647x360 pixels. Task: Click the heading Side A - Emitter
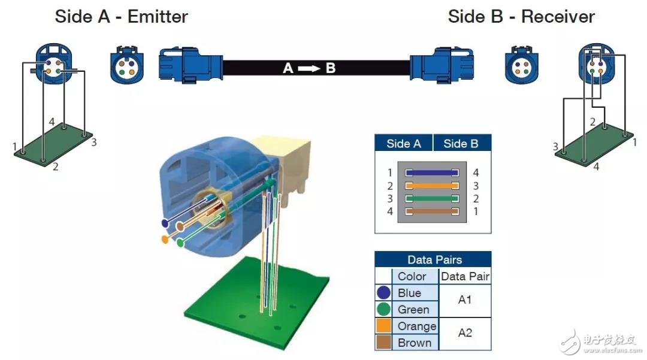point(121,16)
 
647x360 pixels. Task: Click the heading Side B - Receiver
point(521,16)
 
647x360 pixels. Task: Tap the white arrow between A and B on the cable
point(309,68)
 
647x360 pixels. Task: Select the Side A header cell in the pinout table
point(403,144)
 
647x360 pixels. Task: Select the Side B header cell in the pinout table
point(461,144)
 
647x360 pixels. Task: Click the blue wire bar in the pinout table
point(433,173)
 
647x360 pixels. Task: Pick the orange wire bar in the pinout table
point(433,186)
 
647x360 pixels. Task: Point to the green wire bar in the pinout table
point(433,199)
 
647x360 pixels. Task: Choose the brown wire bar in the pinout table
point(433,211)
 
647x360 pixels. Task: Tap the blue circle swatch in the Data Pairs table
point(384,293)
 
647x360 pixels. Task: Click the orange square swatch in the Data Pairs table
point(384,326)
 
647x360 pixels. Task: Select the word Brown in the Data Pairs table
point(414,343)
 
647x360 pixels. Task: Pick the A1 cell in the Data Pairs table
point(465,300)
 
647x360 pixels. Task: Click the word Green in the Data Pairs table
point(413,310)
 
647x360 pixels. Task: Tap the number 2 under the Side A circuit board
point(55,167)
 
